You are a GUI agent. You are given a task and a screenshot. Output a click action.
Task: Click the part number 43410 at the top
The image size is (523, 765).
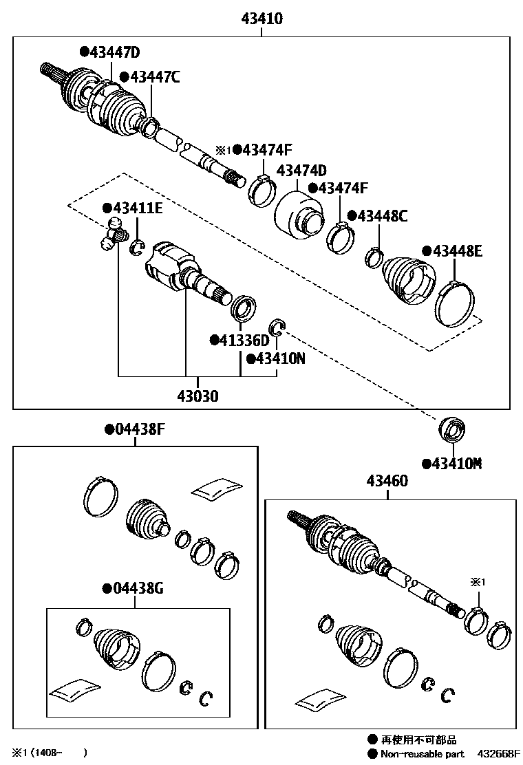(x=261, y=19)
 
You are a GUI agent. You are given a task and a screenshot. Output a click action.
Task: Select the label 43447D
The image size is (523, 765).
(x=115, y=52)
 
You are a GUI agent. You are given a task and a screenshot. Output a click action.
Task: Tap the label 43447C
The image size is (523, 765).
(x=154, y=77)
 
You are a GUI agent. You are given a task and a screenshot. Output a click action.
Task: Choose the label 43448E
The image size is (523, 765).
(x=457, y=252)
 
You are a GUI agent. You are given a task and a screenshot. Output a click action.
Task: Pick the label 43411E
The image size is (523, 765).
(x=138, y=207)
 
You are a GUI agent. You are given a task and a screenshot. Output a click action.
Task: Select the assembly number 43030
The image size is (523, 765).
(x=199, y=396)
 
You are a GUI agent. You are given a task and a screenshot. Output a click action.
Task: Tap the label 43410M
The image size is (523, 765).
(x=456, y=464)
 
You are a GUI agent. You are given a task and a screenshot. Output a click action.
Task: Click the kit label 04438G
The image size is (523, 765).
(x=138, y=589)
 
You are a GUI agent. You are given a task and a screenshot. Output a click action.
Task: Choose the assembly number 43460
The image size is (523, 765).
(x=387, y=481)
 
